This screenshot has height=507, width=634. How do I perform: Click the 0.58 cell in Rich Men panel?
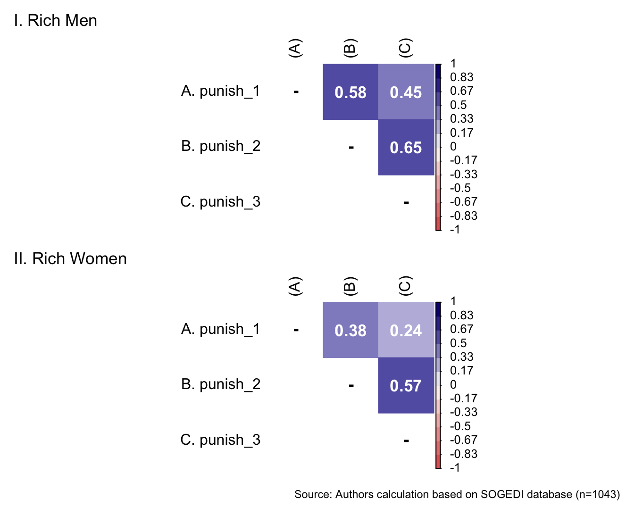tap(350, 92)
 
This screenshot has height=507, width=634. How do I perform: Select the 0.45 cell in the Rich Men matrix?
tap(406, 92)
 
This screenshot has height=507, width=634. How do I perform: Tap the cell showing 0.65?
tap(406, 148)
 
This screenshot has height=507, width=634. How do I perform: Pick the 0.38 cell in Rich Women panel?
tap(350, 330)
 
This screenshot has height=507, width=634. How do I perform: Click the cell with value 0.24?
tap(406, 330)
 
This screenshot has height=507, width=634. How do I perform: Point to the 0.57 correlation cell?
tap(406, 386)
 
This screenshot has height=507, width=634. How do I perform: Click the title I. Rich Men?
tap(56, 21)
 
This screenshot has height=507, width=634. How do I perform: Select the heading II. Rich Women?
tap(70, 259)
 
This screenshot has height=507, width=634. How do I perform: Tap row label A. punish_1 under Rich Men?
tap(220, 91)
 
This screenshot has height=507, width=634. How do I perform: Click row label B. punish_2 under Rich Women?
tap(220, 384)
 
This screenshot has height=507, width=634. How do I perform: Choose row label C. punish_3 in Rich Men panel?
tap(220, 202)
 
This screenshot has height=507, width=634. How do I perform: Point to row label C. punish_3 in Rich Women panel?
tap(220, 440)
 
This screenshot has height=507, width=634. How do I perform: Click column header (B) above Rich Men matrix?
tap(350, 48)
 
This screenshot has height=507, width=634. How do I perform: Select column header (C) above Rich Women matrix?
tap(405, 286)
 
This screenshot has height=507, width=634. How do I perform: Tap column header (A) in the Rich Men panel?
tap(294, 48)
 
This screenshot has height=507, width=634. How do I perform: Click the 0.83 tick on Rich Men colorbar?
tap(461, 77)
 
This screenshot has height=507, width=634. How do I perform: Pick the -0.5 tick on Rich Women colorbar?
tap(460, 426)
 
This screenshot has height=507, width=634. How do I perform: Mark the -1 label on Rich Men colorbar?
tap(455, 230)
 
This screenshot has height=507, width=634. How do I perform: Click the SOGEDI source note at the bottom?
tap(457, 494)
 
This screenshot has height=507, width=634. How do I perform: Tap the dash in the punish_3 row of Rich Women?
tap(406, 441)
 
